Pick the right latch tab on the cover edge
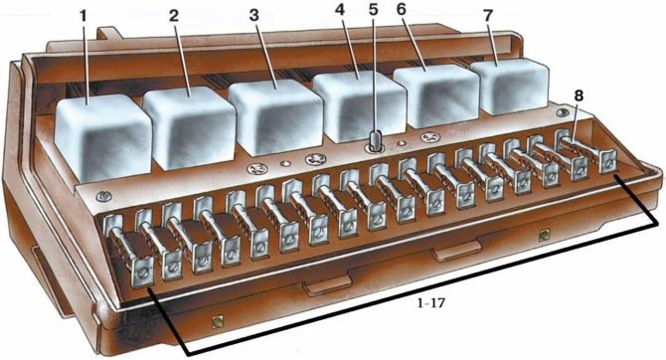click(449, 254)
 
